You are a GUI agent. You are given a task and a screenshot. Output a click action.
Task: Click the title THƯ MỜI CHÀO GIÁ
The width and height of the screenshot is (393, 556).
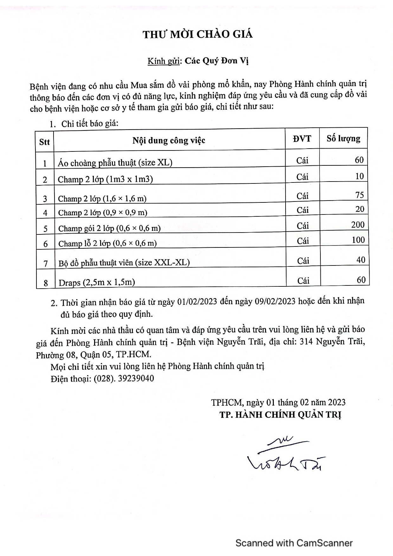pyautogui.click(x=197, y=34)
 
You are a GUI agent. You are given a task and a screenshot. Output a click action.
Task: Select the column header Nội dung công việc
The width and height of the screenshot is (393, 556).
pyautogui.click(x=169, y=140)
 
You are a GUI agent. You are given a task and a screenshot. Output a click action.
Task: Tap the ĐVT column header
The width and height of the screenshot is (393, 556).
pyautogui.click(x=302, y=138)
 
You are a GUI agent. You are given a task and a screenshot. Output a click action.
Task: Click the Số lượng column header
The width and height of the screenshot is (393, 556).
pyautogui.click(x=344, y=138)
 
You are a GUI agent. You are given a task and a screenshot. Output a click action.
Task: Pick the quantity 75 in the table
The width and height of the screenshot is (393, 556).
pyautogui.click(x=359, y=195)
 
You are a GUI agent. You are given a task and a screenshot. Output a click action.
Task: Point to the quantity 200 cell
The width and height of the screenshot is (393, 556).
pyautogui.click(x=358, y=225)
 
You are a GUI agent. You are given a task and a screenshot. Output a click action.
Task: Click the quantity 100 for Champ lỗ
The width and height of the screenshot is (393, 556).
pyautogui.click(x=358, y=240)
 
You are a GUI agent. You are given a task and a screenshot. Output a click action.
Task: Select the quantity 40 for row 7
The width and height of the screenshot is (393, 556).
pyautogui.click(x=361, y=260)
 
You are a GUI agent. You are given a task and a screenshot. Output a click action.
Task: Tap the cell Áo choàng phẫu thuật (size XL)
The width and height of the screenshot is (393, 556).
pyautogui.click(x=115, y=163)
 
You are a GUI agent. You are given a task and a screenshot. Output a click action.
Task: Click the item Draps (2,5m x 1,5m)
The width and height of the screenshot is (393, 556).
pyautogui.click(x=97, y=282)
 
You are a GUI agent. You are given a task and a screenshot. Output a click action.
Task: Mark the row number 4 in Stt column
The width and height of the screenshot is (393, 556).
pyautogui.click(x=45, y=213)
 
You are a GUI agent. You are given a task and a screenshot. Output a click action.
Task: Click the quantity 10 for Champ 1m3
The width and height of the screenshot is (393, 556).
pyautogui.click(x=359, y=176)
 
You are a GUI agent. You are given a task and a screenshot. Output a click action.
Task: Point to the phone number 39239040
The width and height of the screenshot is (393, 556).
pyautogui.click(x=136, y=379)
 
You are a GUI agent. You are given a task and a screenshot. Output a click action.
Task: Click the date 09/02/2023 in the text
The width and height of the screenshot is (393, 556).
pyautogui.click(x=275, y=301)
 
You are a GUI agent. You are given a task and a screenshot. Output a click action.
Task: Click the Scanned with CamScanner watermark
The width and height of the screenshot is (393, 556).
pyautogui.click(x=294, y=543)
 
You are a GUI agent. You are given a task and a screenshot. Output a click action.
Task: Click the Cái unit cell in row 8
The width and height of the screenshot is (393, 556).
pyautogui.click(x=303, y=280)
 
